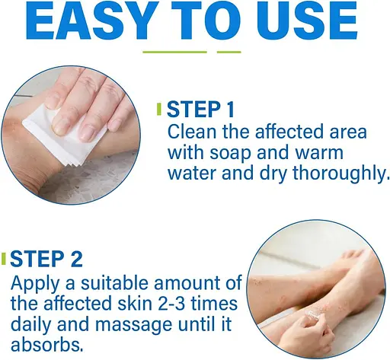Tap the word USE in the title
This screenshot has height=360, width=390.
click(306, 21)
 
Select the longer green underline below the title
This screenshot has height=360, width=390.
click(174, 53)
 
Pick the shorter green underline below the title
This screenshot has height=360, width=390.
click(229, 53)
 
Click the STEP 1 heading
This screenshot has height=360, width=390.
click(200, 109)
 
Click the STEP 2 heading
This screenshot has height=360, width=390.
click(46, 259)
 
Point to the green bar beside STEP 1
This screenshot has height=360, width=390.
click(159, 109)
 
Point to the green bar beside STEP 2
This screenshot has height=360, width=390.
click(3, 259)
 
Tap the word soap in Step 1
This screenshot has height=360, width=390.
click(230, 154)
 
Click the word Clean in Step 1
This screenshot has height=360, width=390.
click(192, 132)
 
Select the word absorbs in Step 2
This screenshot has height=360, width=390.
click(47, 345)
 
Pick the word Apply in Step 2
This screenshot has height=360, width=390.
click(35, 284)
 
